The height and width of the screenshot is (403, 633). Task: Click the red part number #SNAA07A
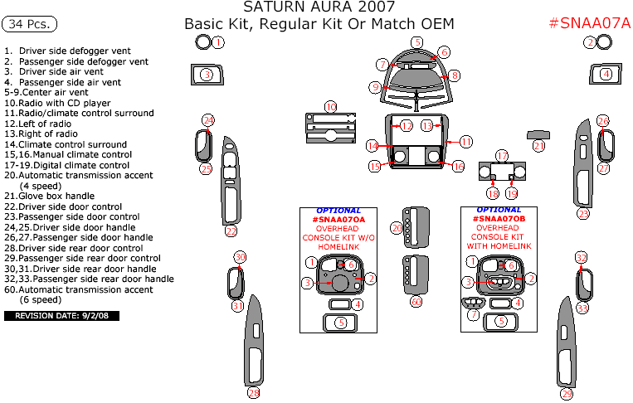[590, 23]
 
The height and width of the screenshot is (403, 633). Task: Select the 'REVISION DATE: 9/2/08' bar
[62, 316]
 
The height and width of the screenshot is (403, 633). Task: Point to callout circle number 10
[331, 107]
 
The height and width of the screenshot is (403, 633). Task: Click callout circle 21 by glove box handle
[539, 146]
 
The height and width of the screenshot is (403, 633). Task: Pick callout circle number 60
[416, 302]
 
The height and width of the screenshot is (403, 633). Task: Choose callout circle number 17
[502, 156]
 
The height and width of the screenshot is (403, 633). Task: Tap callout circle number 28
[253, 392]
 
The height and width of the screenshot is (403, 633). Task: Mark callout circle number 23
[231, 231]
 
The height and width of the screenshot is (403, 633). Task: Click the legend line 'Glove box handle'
[57, 196]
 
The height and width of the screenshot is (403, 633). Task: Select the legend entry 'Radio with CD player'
[62, 103]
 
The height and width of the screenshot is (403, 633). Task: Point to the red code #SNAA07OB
[499, 219]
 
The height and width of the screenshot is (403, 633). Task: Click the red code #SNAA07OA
[338, 219]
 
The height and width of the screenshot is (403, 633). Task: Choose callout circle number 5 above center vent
[417, 42]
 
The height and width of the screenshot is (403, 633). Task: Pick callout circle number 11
[466, 142]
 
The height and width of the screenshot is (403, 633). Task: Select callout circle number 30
[241, 257]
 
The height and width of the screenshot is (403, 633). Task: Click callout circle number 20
[397, 227]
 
